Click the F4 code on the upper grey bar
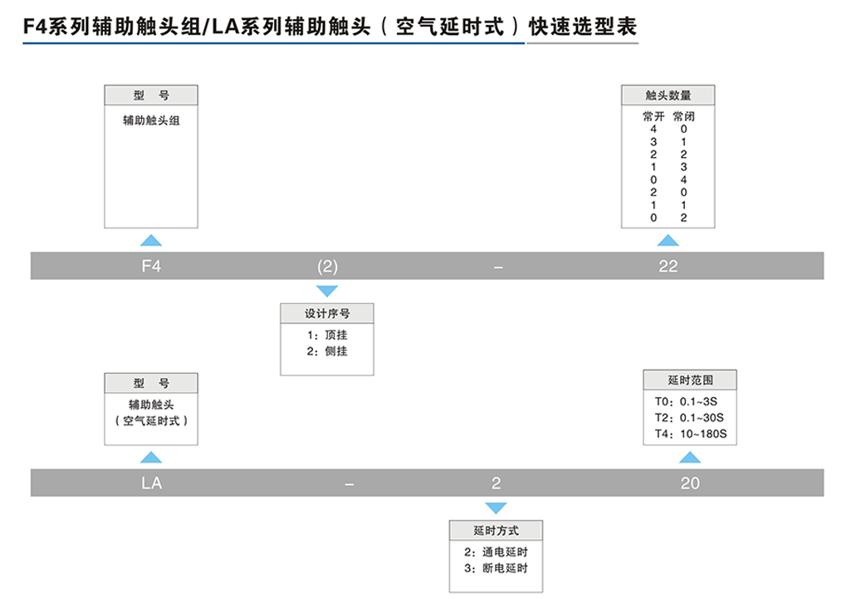pyautogui.click(x=150, y=267)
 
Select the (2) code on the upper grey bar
pyautogui.click(x=328, y=267)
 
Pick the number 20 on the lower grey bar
pyautogui.click(x=690, y=483)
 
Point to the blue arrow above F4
pyautogui.click(x=150, y=240)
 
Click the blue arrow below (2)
pyautogui.click(x=328, y=291)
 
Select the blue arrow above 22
pyautogui.click(x=668, y=240)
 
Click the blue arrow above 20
pyautogui.click(x=690, y=457)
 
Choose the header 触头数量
pyautogui.click(x=668, y=95)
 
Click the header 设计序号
pyautogui.click(x=328, y=314)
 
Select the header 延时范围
pyautogui.click(x=690, y=381)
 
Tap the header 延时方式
pyautogui.click(x=496, y=530)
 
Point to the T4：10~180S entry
pyautogui.click(x=690, y=434)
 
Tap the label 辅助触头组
pyautogui.click(x=151, y=120)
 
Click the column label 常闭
pyautogui.click(x=683, y=116)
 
